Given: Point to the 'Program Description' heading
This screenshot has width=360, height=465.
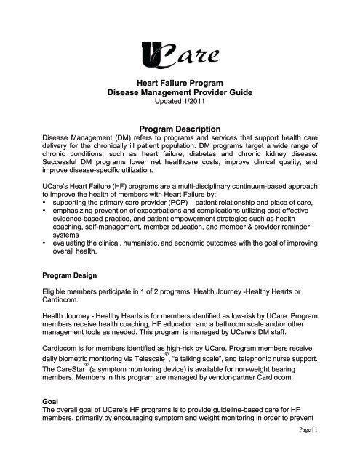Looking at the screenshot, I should pyautogui.click(x=179, y=126).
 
